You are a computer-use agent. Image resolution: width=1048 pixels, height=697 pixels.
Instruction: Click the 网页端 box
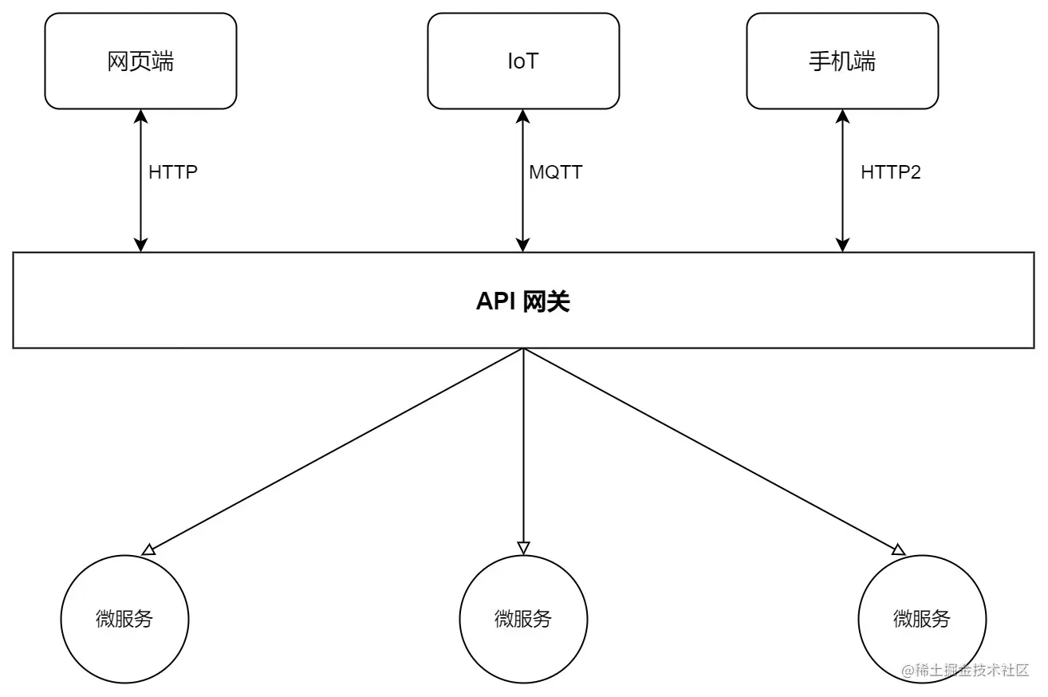(x=140, y=61)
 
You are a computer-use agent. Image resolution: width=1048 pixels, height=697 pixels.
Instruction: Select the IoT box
(x=523, y=61)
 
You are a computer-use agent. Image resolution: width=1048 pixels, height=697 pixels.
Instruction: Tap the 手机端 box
(x=842, y=61)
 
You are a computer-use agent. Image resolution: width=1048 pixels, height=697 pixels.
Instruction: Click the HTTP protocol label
(x=172, y=172)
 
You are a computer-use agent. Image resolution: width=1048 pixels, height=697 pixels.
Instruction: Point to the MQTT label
(x=555, y=172)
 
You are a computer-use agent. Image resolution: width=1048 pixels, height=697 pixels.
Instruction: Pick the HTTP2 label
(x=890, y=172)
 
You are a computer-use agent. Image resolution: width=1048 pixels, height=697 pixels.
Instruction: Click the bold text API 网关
(x=523, y=301)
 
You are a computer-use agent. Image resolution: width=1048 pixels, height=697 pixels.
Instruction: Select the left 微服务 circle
(x=124, y=619)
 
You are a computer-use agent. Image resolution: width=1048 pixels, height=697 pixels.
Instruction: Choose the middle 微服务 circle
(x=523, y=619)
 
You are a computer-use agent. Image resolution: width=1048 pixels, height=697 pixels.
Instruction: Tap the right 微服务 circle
(x=922, y=619)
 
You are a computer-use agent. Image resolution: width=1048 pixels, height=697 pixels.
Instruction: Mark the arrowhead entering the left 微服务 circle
(x=148, y=549)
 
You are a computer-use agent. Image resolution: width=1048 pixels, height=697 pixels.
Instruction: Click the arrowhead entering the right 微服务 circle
(x=898, y=549)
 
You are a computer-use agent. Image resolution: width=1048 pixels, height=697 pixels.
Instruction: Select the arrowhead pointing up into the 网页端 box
(x=140, y=116)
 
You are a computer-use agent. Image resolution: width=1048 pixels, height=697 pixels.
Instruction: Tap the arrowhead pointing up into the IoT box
(x=523, y=116)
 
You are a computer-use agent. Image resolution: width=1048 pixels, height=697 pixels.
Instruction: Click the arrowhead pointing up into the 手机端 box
(x=842, y=116)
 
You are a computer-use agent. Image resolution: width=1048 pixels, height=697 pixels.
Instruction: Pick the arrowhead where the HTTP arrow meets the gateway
(x=140, y=245)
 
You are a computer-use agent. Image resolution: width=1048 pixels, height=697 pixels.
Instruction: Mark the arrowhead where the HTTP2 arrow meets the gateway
(x=842, y=245)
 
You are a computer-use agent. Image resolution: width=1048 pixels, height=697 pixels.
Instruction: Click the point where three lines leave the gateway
(x=523, y=349)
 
